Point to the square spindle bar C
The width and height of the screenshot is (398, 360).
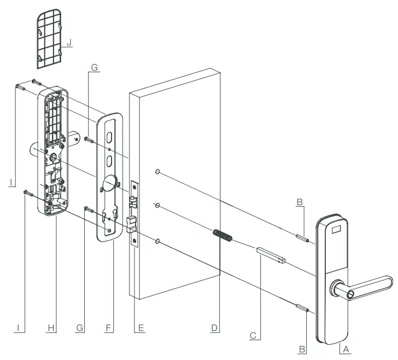point(271,255)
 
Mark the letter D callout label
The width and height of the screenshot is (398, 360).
point(215,328)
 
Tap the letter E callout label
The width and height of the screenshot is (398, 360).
point(140,328)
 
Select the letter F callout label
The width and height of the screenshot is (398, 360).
point(108,328)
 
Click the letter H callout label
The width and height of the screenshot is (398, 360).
point(51,328)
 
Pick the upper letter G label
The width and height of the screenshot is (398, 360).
point(94,67)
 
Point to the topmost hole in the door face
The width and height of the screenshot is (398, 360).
point(158,172)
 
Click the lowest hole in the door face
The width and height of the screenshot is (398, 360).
point(158,241)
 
